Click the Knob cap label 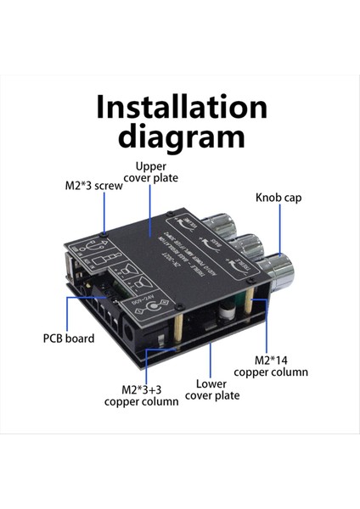(x=278, y=198)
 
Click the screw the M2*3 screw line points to (x=104, y=232)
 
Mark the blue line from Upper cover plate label (x=150, y=208)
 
